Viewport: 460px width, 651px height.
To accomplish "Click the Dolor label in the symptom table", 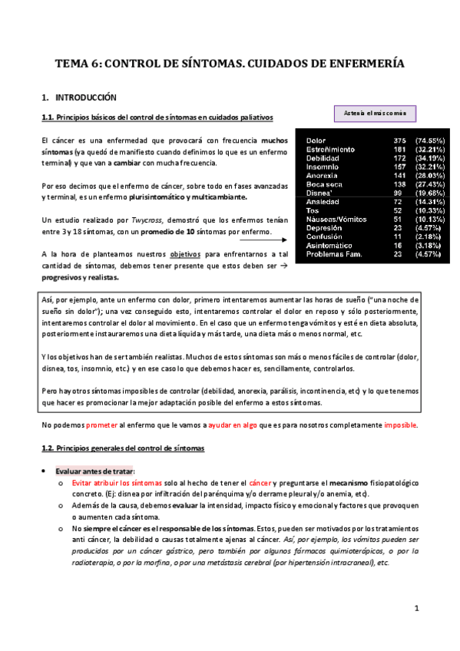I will click(x=316, y=141).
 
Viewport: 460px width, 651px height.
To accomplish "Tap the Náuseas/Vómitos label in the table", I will click(x=336, y=219).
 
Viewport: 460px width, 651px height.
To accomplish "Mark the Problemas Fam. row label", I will click(x=337, y=253).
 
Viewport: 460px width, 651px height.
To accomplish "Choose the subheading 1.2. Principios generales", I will click(x=120, y=447).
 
